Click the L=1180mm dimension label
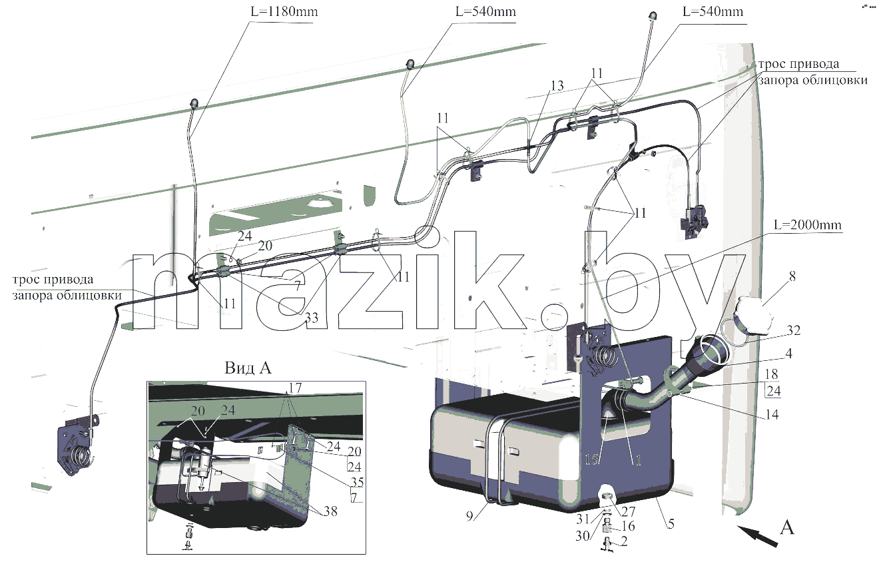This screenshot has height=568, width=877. point(284,11)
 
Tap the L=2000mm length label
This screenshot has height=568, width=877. point(807,224)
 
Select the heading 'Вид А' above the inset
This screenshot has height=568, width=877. point(248,368)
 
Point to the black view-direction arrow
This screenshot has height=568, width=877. point(757,536)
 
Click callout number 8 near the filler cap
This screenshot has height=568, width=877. point(792,276)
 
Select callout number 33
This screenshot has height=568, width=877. point(312,318)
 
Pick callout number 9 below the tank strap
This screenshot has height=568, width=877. point(470,516)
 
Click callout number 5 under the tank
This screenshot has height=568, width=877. point(671,524)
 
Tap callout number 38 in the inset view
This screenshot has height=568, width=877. point(330,511)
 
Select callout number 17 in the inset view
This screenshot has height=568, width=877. point(295,388)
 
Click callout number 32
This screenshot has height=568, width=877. point(793,330)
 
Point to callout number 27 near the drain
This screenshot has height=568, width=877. point(628,511)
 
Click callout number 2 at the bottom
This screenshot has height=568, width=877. point(624,541)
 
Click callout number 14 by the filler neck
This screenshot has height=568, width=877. point(772,414)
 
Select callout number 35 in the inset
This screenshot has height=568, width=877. point(357,482)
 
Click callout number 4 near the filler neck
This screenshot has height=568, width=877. point(788,354)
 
